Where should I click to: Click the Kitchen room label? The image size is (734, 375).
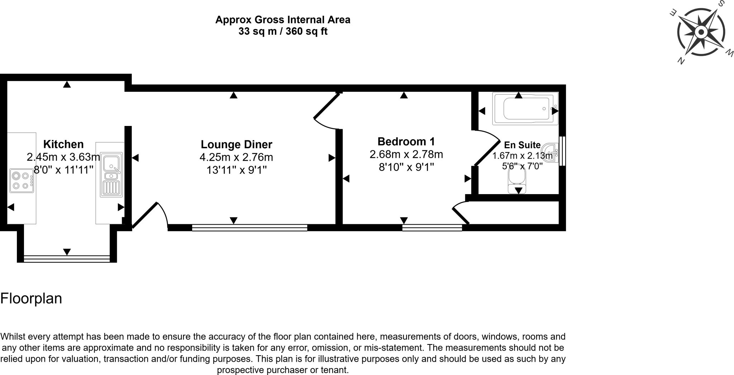(63, 144)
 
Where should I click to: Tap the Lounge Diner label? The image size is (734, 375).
(237, 145)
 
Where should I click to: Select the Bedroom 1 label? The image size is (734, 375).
(406, 141)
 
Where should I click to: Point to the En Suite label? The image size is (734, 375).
(522, 145)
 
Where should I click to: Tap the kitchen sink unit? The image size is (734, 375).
(111, 175)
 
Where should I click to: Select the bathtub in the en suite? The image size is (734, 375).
(525, 108)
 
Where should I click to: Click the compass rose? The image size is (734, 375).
(701, 33)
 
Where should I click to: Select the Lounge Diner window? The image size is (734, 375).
(249, 228)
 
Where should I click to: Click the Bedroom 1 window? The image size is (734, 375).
(432, 228)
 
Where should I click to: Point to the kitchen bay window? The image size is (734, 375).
(67, 259)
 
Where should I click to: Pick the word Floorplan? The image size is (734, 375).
(31, 299)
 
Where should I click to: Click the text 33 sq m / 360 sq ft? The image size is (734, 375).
(283, 32)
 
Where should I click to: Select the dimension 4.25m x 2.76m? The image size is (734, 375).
(236, 157)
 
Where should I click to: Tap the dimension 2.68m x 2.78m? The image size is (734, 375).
(406, 154)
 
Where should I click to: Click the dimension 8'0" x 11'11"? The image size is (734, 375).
(64, 169)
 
